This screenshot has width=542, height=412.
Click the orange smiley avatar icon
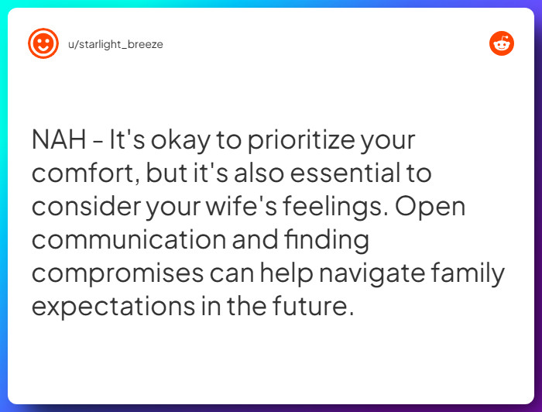(43, 43)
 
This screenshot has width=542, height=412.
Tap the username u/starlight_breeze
(115, 44)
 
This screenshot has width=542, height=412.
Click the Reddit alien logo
(502, 43)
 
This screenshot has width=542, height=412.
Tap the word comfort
(84, 173)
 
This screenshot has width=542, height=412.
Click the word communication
(129, 240)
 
